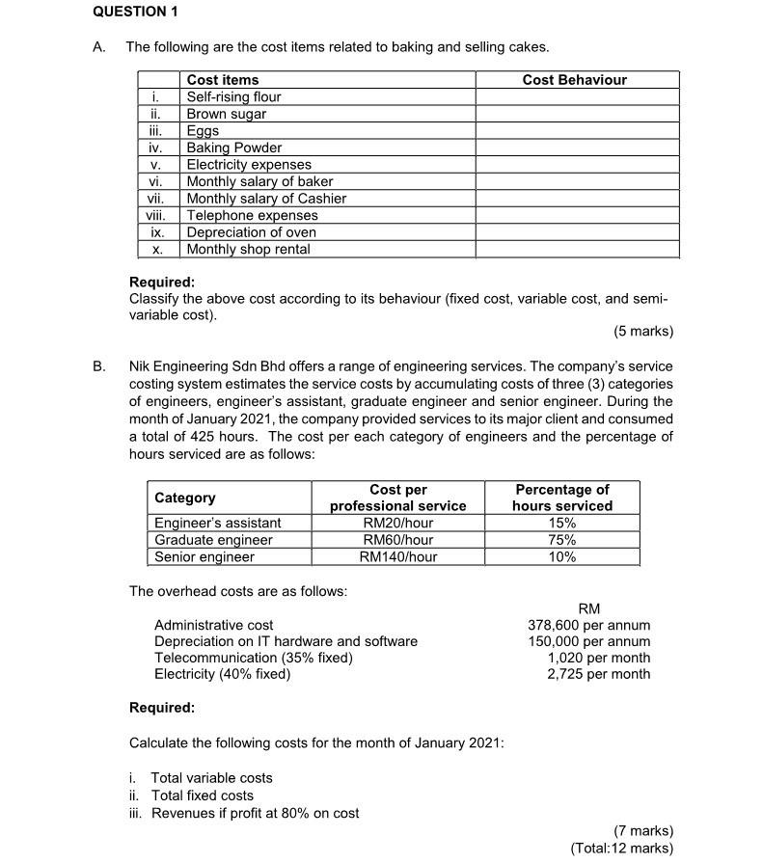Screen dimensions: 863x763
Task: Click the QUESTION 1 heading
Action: pyautogui.click(x=136, y=12)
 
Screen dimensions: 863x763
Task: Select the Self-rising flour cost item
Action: pyautogui.click(x=233, y=96)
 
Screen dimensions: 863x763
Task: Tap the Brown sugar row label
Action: pyautogui.click(x=226, y=114)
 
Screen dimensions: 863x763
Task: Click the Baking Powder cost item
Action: pyautogui.click(x=233, y=148)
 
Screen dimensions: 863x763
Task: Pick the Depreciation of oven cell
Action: pyautogui.click(x=251, y=232)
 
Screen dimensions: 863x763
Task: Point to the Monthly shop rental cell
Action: pyautogui.click(x=248, y=249)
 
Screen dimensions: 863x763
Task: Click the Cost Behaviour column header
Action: pyautogui.click(x=574, y=80)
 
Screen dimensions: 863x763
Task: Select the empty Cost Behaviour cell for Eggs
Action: pyautogui.click(x=576, y=130)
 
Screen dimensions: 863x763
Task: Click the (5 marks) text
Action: pyautogui.click(x=642, y=332)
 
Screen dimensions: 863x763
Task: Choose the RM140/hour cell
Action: pyautogui.click(x=397, y=556)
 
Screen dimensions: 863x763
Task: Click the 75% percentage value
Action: pyautogui.click(x=561, y=540)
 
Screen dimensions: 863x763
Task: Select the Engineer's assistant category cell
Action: pyautogui.click(x=218, y=523)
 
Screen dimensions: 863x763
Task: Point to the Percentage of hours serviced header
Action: pyautogui.click(x=561, y=498)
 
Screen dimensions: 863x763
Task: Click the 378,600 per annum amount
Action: pyautogui.click(x=588, y=625)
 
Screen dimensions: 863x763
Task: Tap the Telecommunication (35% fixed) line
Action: pyautogui.click(x=254, y=658)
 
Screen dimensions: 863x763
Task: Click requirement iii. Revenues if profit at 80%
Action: pyautogui.click(x=244, y=813)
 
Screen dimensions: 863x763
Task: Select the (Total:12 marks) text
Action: pyautogui.click(x=621, y=848)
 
